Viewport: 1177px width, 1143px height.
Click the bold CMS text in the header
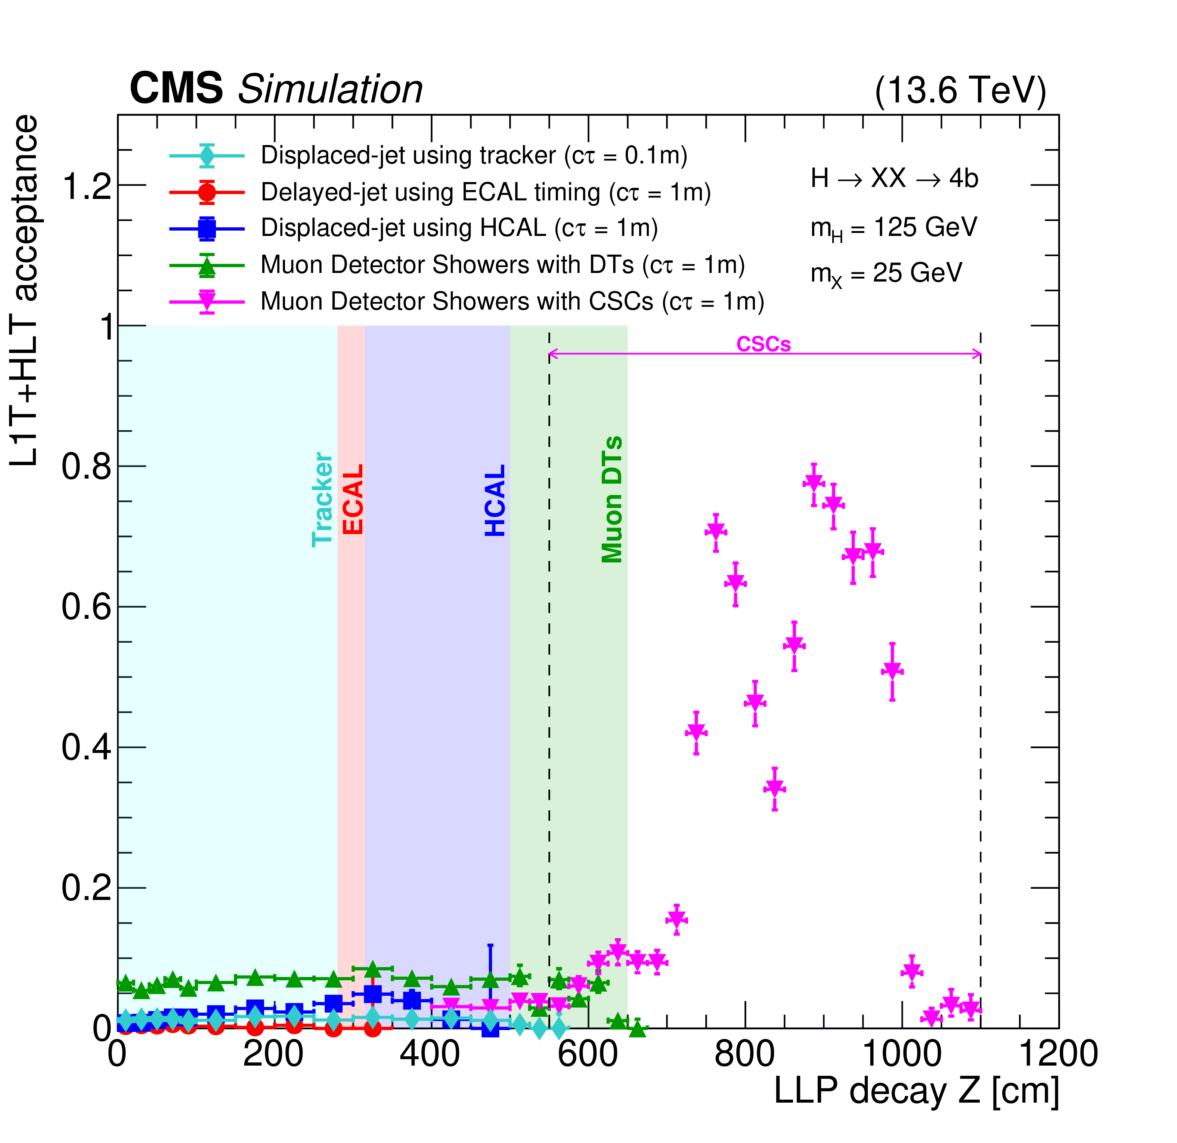176,88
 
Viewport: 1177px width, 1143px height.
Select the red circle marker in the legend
207,192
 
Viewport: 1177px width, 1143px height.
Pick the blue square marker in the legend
207,228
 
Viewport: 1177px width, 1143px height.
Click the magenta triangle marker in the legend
207,301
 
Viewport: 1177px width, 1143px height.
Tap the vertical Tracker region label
322,500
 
